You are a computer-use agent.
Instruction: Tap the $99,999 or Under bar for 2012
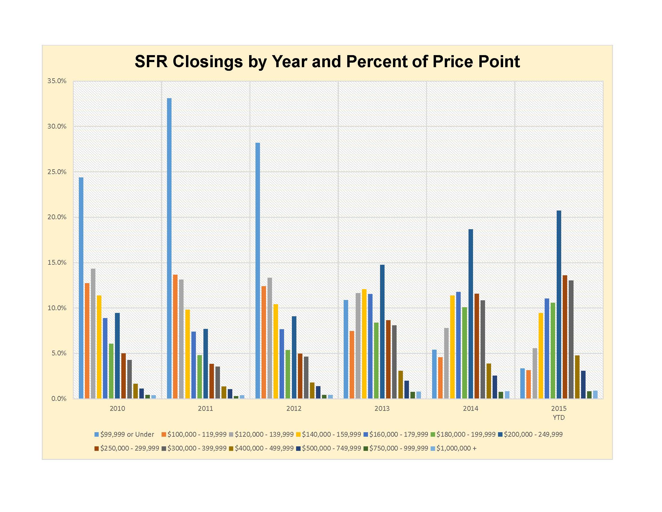pos(258,270)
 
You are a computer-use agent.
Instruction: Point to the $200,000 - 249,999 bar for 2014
pos(470,314)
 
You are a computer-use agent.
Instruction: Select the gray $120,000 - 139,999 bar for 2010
pos(93,333)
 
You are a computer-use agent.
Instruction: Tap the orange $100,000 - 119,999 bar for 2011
pos(175,336)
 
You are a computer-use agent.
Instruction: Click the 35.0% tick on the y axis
pos(57,81)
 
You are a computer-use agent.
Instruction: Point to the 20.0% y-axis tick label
pos(57,217)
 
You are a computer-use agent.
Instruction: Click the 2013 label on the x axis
pos(382,409)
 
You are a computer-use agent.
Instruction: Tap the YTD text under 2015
pos(559,418)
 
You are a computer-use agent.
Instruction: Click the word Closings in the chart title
pos(208,62)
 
